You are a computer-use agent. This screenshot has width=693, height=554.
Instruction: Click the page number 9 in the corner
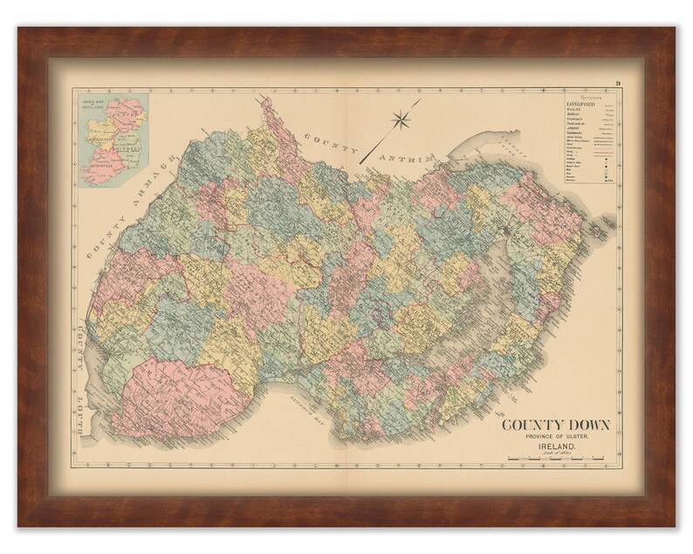[616, 83]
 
